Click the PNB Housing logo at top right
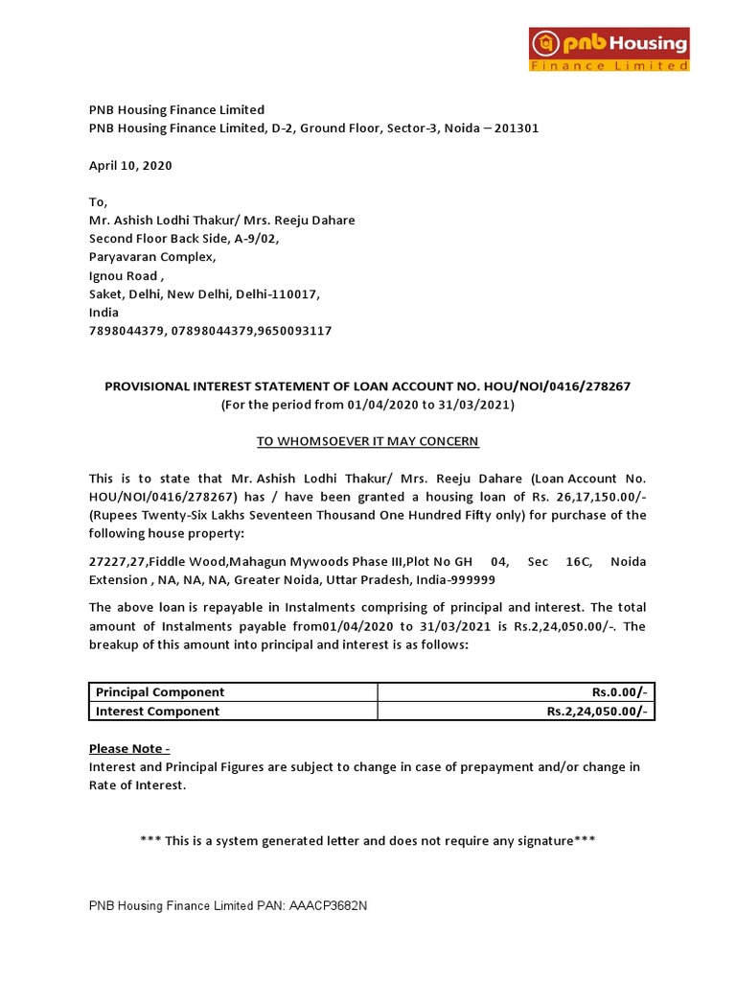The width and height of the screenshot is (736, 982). click(x=610, y=49)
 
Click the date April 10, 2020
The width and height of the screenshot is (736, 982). click(x=130, y=165)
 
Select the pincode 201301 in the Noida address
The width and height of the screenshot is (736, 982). click(x=517, y=129)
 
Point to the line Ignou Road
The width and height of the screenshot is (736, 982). click(x=126, y=275)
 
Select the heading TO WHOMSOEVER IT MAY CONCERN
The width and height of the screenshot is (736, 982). click(x=367, y=441)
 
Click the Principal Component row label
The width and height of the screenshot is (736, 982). click(x=158, y=692)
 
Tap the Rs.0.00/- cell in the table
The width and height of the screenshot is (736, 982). click(x=620, y=692)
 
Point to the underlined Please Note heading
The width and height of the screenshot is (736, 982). click(x=129, y=748)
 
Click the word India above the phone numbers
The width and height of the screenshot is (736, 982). click(x=104, y=313)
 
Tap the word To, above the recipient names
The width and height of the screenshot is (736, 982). click(x=99, y=202)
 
